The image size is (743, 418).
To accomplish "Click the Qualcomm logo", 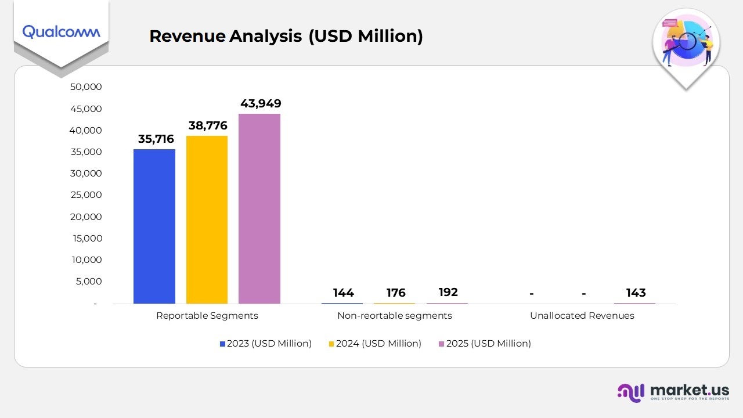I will tap(61, 31).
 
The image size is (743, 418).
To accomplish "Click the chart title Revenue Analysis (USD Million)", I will tap(286, 36).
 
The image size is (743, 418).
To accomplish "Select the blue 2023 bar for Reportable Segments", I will tap(154, 226).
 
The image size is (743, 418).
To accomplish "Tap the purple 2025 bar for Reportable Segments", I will tap(259, 208).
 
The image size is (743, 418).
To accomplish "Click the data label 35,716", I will tap(156, 139).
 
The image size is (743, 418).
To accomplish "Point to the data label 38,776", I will tap(207, 125).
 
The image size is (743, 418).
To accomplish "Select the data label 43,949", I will tap(261, 103).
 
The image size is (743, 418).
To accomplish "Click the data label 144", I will tap(343, 293).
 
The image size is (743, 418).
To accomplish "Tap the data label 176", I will tap(396, 293).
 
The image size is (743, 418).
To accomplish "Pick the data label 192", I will tap(448, 292).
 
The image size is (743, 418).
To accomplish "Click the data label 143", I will tap(636, 293).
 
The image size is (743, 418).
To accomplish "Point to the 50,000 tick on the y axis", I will tap(85, 87).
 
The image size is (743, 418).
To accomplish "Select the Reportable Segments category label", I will tap(207, 316).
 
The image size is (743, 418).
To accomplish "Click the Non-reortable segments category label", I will tap(395, 316).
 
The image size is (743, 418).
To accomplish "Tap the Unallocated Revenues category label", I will tap(582, 316).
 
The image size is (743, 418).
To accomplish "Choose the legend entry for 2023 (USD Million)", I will tap(266, 344).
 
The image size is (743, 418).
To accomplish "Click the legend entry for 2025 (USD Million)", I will tap(485, 344).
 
